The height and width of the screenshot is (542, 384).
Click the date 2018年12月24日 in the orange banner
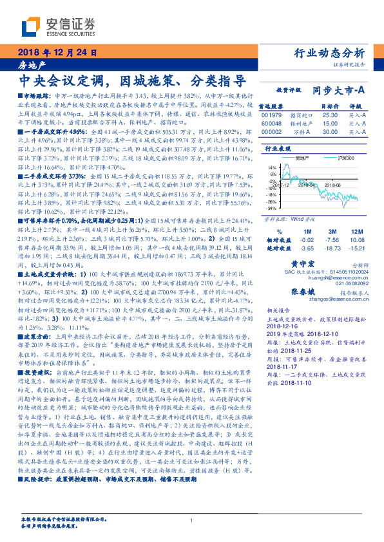[54, 51]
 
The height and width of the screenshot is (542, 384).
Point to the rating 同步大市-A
[340, 91]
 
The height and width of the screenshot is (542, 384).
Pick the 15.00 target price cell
[331, 123]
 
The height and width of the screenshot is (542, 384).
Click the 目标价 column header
[330, 106]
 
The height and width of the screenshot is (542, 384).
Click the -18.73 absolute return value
[332, 248]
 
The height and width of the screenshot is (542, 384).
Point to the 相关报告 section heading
[278, 310]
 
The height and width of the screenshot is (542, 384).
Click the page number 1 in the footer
[192, 521]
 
